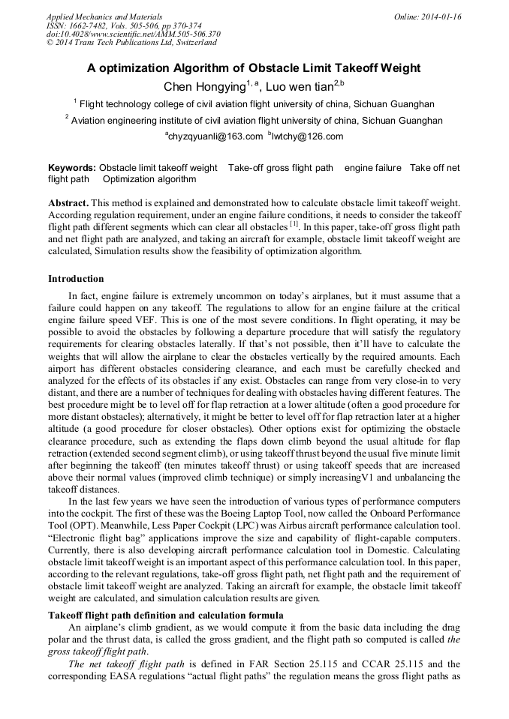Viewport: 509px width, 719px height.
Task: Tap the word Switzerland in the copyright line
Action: pyautogui.click(x=195, y=43)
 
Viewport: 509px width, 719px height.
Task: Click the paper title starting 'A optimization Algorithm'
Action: pyautogui.click(x=254, y=68)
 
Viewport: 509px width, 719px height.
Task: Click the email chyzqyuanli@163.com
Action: pyautogui.click(x=215, y=136)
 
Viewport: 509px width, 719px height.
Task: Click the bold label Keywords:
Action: pyautogui.click(x=72, y=169)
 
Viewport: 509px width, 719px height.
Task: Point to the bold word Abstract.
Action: pyautogui.click(x=68, y=203)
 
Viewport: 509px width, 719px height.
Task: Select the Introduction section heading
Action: pyautogui.click(x=76, y=279)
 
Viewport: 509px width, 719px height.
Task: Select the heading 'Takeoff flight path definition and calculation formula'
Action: pyautogui.click(x=166, y=615)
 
